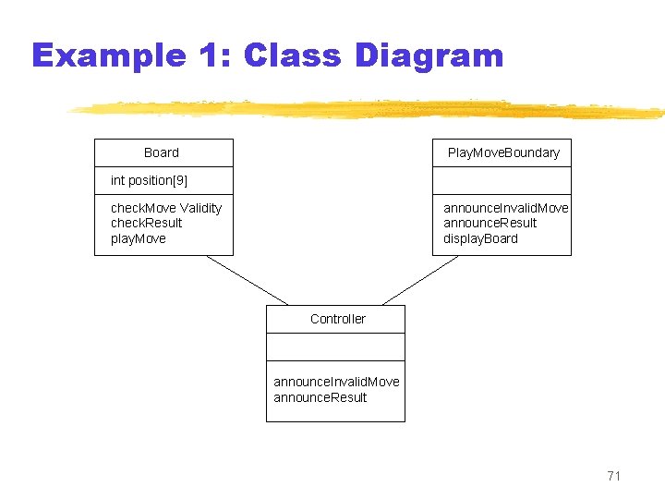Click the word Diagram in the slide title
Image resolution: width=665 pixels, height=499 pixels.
[429, 56]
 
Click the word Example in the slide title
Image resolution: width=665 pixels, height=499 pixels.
[108, 56]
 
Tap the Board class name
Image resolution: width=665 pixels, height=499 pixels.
[162, 152]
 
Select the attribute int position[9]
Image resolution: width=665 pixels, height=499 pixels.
[149, 180]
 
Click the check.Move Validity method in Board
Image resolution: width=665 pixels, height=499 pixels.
[166, 208]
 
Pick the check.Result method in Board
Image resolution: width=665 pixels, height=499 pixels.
[146, 223]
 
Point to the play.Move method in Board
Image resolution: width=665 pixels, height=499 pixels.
[139, 238]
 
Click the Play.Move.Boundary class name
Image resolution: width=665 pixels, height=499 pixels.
[503, 152]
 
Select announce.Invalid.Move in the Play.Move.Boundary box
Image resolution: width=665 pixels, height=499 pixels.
[505, 208]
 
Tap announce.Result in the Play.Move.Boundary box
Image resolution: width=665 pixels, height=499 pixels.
[490, 223]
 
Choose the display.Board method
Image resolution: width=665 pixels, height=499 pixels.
[480, 238]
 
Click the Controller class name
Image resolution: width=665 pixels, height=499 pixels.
[338, 319]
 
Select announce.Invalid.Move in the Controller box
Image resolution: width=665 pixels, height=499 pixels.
[336, 382]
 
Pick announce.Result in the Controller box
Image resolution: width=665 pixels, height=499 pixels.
[320, 397]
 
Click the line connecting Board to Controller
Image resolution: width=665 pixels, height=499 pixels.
[247, 280]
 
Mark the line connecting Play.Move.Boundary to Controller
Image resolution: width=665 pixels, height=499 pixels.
[420, 280]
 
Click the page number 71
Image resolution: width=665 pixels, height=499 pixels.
[614, 476]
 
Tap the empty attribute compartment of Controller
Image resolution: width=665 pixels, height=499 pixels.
[335, 347]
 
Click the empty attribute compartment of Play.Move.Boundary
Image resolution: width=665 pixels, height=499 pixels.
[502, 180]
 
